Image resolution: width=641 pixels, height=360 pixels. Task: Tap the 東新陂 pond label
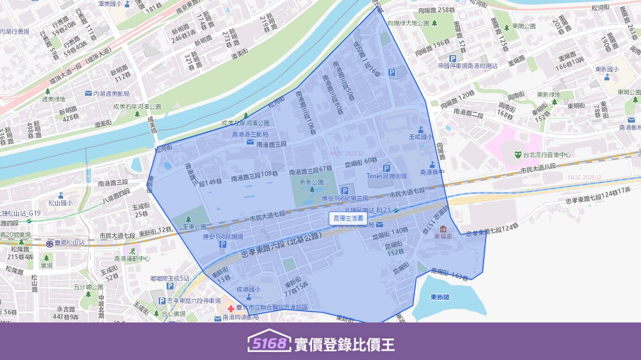pos(440,297)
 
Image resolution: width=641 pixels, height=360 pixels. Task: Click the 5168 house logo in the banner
pos(269,342)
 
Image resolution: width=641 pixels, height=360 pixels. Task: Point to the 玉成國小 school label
pos(420,137)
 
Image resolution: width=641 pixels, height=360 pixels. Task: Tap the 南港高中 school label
pos(432,172)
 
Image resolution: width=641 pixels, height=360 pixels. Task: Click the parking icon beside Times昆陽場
pos(387,169)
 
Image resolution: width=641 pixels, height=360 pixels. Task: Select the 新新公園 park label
pos(311,182)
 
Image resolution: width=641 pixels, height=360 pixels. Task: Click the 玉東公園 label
pos(194,227)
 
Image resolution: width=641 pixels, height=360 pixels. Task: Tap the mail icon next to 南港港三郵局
pos(250,141)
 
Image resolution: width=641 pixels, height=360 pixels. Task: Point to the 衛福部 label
pos(443,236)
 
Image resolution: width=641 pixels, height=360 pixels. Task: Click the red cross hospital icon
pos(231,308)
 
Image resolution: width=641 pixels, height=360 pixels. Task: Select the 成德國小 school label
pos(248,289)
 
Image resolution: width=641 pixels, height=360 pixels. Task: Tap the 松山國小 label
pos(60,202)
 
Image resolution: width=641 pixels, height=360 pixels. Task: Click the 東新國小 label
pos(607,69)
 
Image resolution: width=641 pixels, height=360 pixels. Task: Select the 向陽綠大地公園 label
pos(408,23)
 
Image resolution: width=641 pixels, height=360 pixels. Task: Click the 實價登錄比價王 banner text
pos(344,344)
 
